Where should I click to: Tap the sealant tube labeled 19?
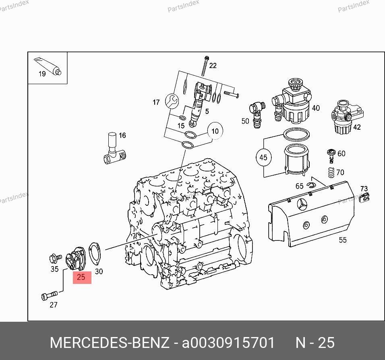coord(48,66)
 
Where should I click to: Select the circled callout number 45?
coord(263,157)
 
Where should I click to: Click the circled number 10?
coord(215,131)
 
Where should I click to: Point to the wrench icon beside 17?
coord(172,101)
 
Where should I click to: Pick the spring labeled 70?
coord(331,172)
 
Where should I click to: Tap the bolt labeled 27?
coord(50,295)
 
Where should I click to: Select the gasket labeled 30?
coord(95,254)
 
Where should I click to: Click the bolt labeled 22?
coord(205,66)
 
